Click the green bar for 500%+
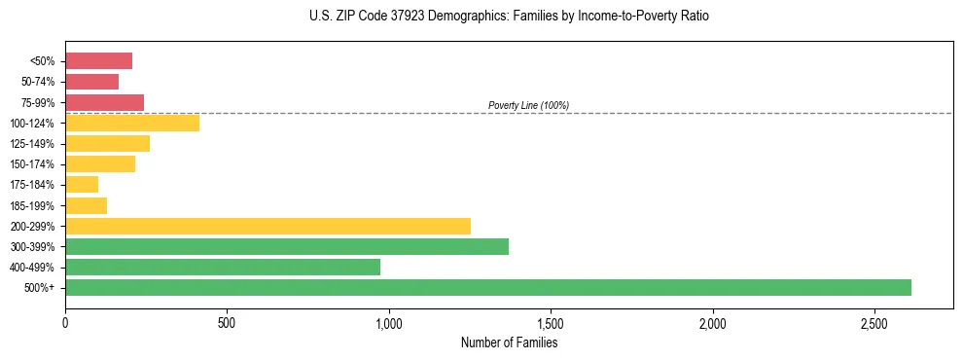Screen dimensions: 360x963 [x=487, y=287]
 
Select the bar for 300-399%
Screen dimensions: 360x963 [x=286, y=246]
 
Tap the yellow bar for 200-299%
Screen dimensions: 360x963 [x=267, y=226]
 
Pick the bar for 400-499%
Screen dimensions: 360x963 [x=222, y=267]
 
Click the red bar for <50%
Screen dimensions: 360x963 [x=98, y=61]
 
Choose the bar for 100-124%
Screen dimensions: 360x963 [x=131, y=123]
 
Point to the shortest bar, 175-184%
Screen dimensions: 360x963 [x=82, y=185]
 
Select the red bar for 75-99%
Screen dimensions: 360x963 [x=104, y=102]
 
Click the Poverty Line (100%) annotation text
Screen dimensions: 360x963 [x=528, y=105]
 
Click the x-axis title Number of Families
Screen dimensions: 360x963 [x=509, y=342]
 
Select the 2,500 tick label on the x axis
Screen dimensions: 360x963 [x=874, y=323]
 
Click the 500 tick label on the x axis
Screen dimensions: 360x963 [x=227, y=323]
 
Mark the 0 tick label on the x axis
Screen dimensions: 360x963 [x=65, y=323]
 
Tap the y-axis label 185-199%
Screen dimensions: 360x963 [x=32, y=205]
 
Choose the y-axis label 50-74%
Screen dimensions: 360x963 [x=37, y=82]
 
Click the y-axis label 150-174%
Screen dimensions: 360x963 [x=32, y=164]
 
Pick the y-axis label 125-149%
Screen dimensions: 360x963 [x=32, y=144]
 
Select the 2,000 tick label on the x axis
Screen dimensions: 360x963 [x=713, y=323]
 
